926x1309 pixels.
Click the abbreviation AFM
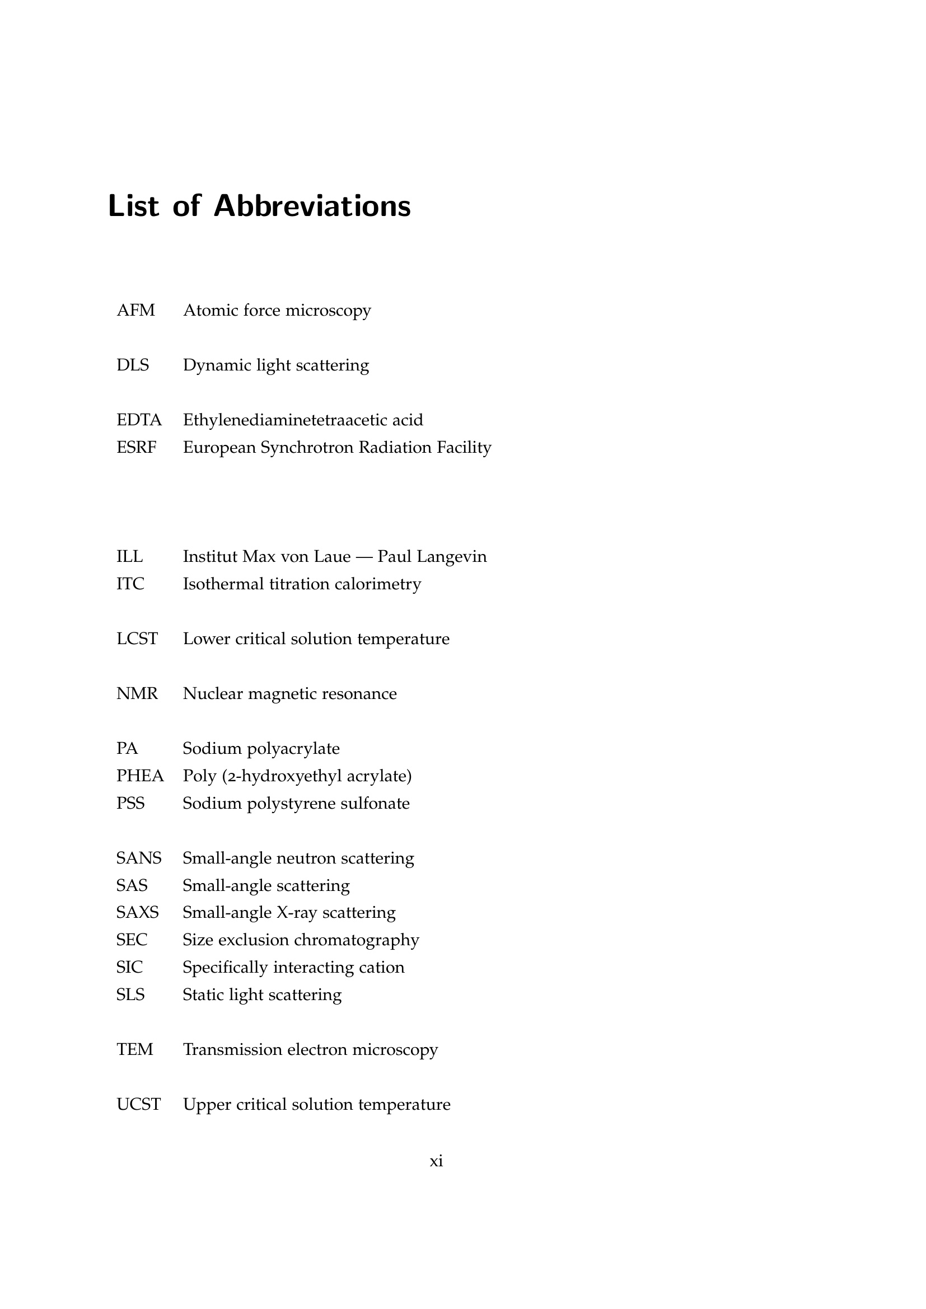point(135,311)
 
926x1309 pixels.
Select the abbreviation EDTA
point(139,420)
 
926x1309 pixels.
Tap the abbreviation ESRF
point(136,448)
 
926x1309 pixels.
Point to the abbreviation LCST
point(137,639)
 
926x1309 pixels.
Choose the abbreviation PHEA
point(140,776)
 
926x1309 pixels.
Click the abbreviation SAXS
point(137,913)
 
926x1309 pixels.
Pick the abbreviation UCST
point(138,1104)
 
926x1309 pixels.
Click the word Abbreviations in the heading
point(312,206)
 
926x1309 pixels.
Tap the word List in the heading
point(133,206)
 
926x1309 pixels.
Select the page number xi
point(436,1161)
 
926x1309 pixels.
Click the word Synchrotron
point(307,448)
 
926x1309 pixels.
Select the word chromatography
point(357,941)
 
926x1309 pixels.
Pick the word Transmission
point(233,1049)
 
